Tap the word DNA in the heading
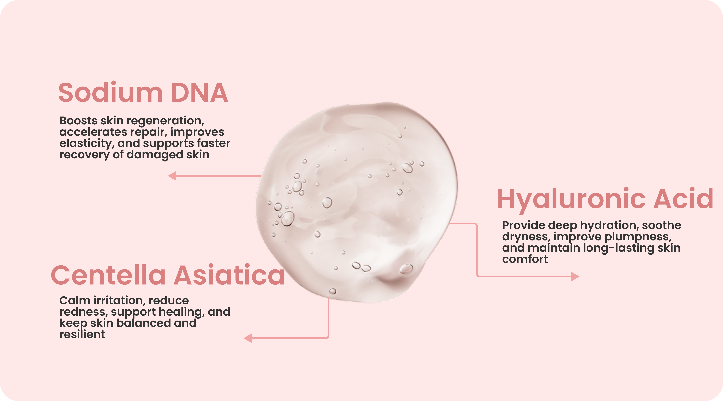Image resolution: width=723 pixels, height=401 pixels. (x=199, y=93)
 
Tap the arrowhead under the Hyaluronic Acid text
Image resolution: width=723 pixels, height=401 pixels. (x=575, y=277)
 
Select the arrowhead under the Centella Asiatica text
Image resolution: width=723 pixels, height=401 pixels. (x=248, y=338)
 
